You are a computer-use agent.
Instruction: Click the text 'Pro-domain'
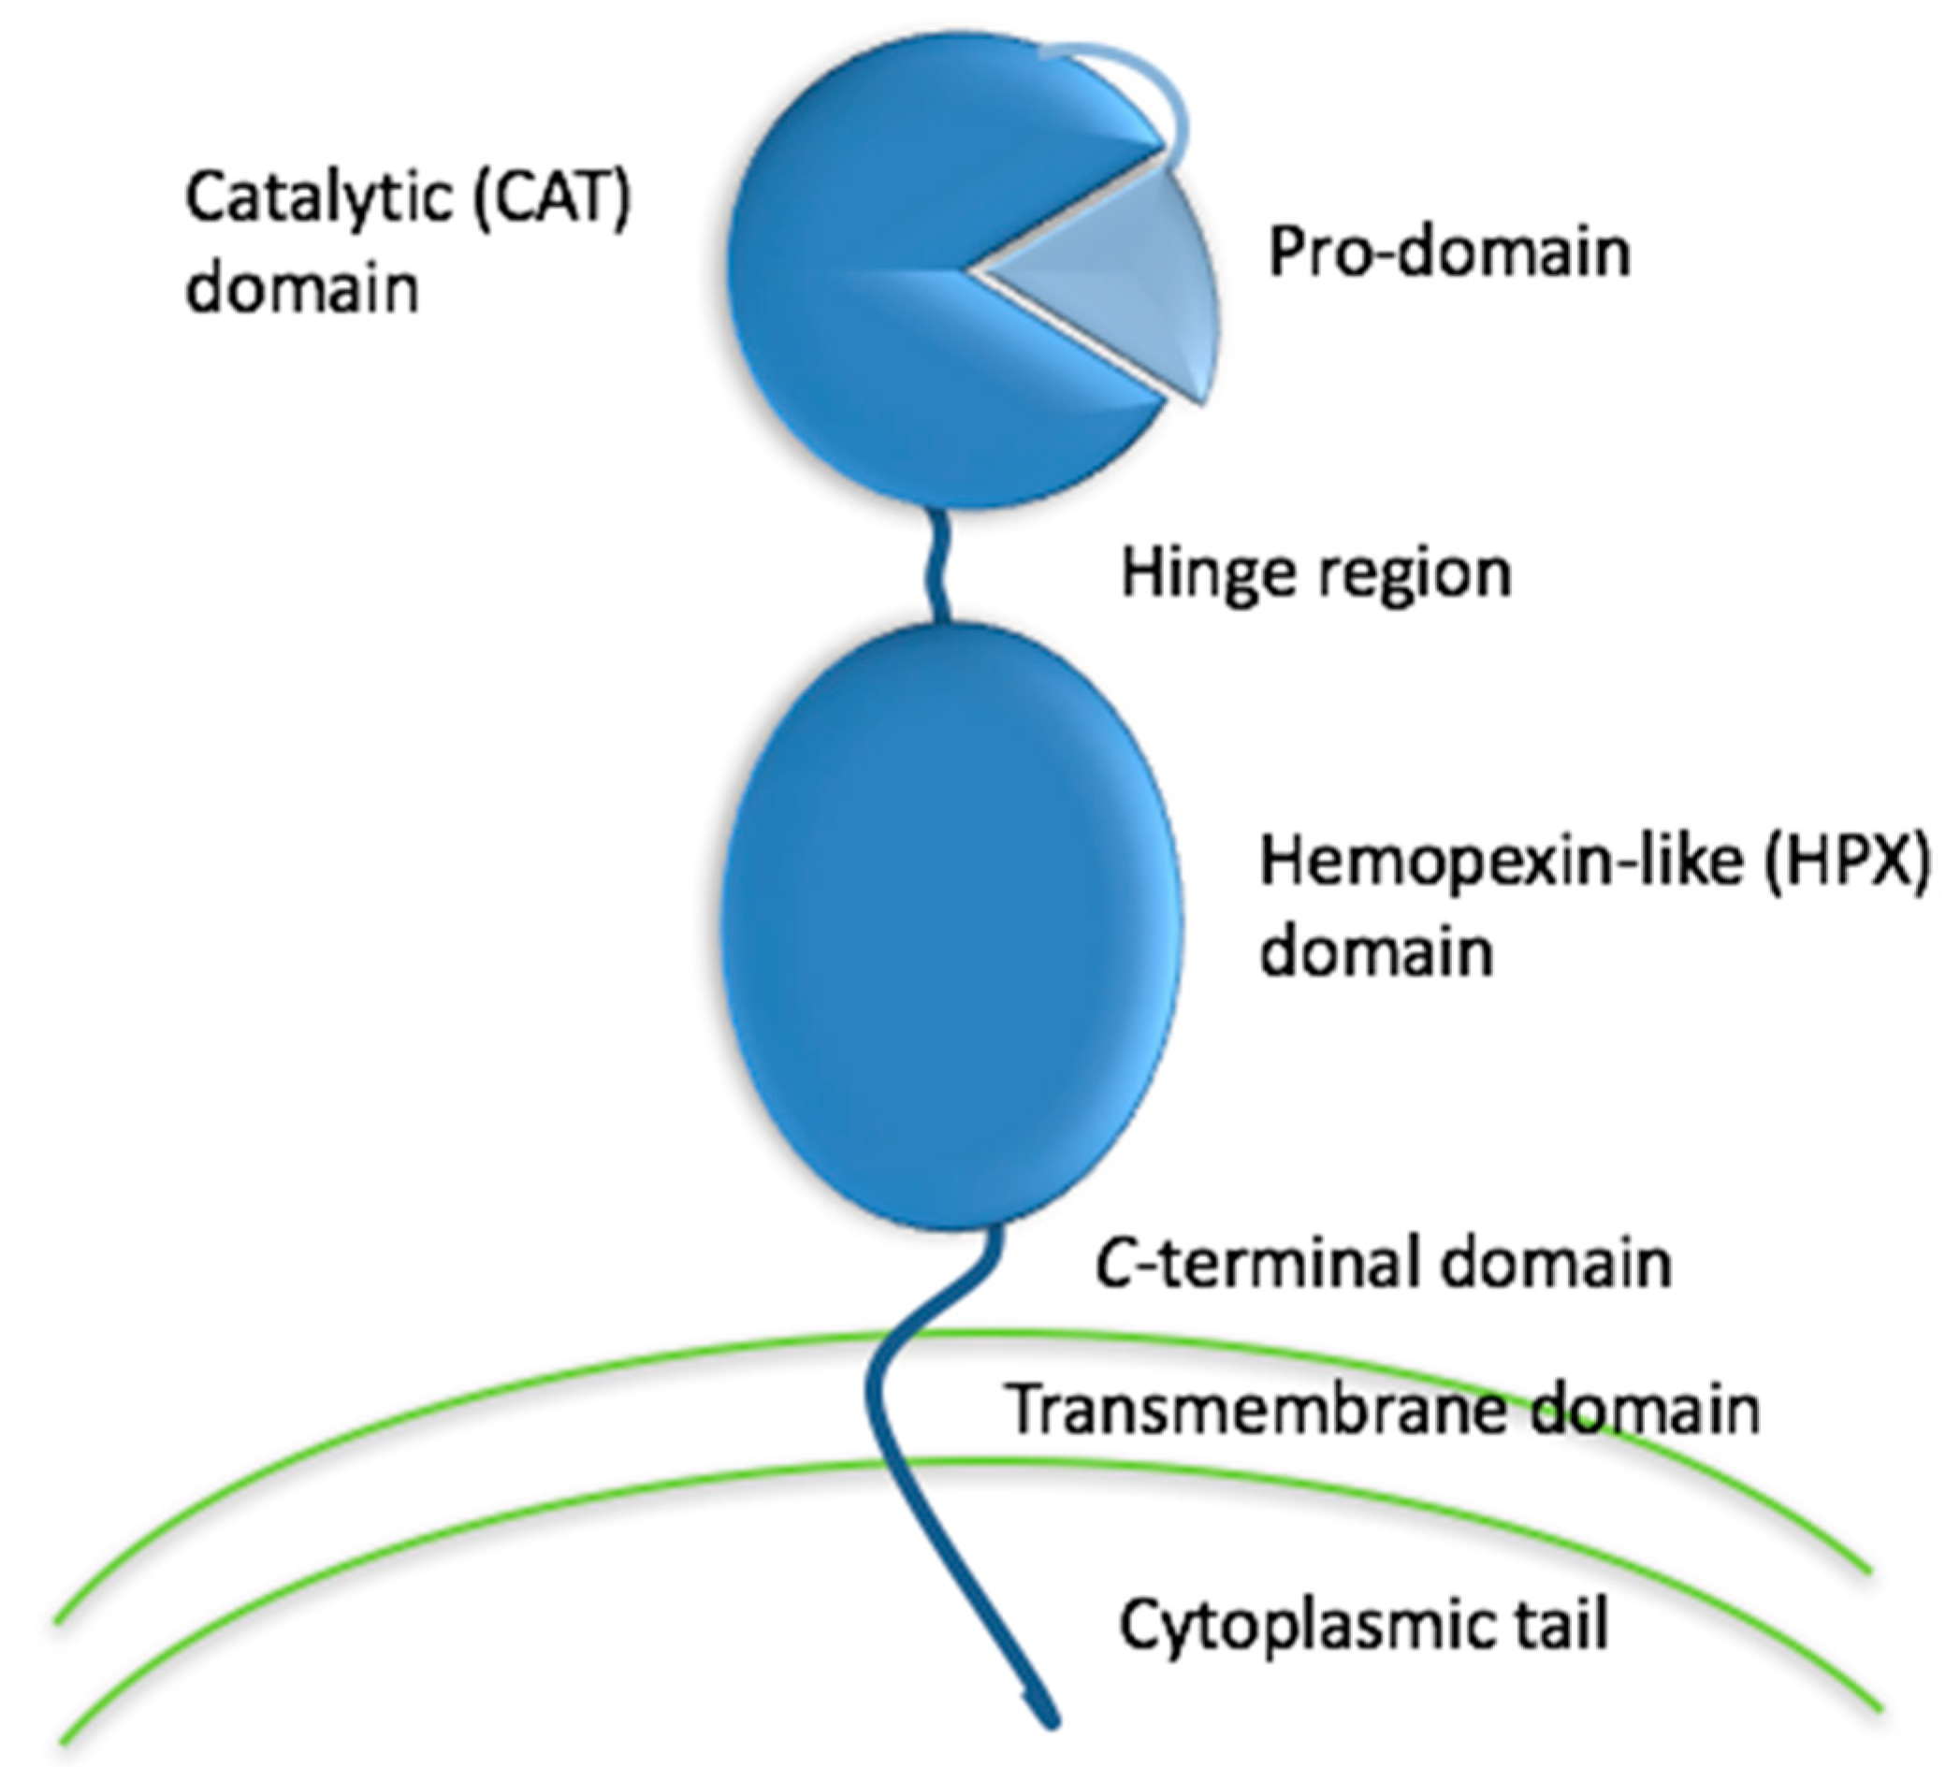[x=1448, y=253]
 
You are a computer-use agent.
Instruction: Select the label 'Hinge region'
[x=1315, y=572]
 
